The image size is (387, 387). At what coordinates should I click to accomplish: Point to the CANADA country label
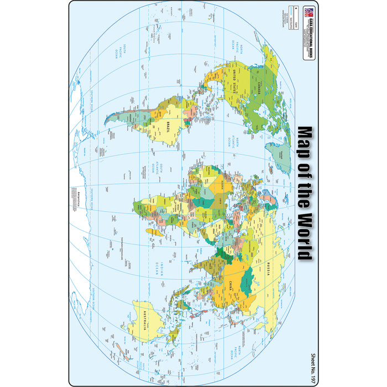tap(260, 87)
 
